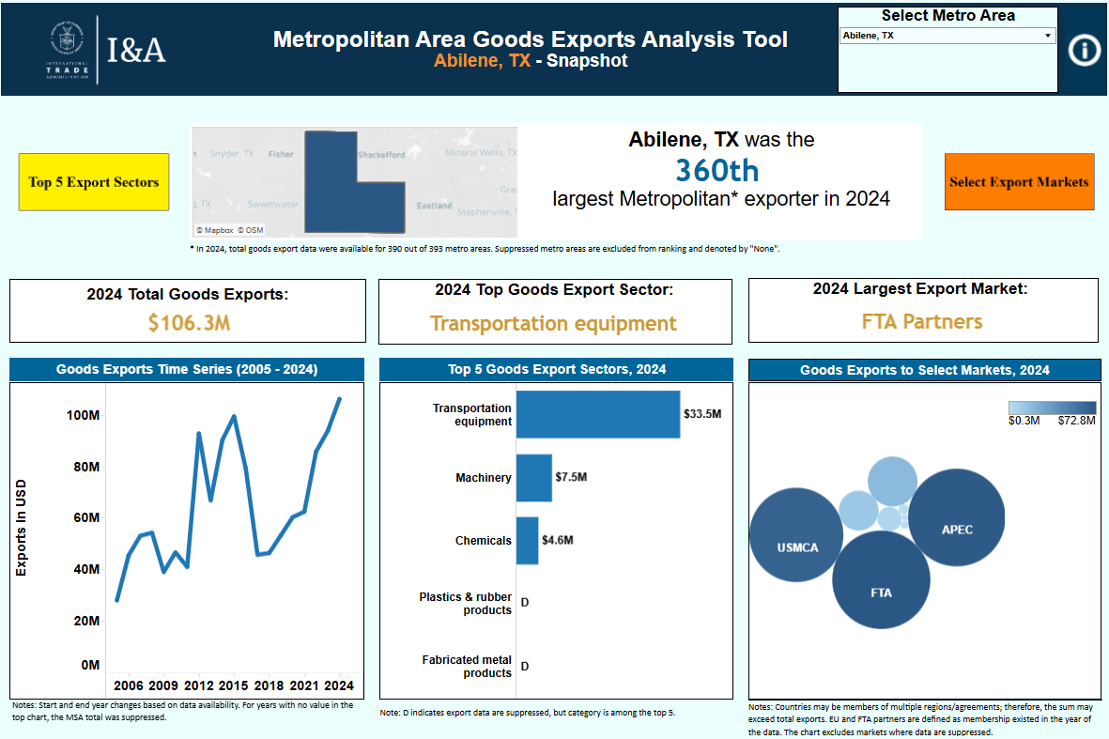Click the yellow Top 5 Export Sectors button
tap(94, 182)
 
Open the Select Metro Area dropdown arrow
tap(1048, 36)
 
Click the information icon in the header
tap(1085, 51)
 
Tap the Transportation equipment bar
tap(597, 414)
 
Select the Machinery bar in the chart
tap(533, 478)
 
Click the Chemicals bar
tap(527, 541)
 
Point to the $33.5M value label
tap(702, 414)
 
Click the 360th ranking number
tap(717, 170)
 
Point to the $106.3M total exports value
tap(188, 323)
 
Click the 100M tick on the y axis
tap(84, 416)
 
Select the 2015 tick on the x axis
tap(234, 685)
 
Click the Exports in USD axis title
tap(22, 528)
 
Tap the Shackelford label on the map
tap(381, 155)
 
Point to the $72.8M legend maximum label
tap(1076, 421)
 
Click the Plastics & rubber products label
tap(466, 604)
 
